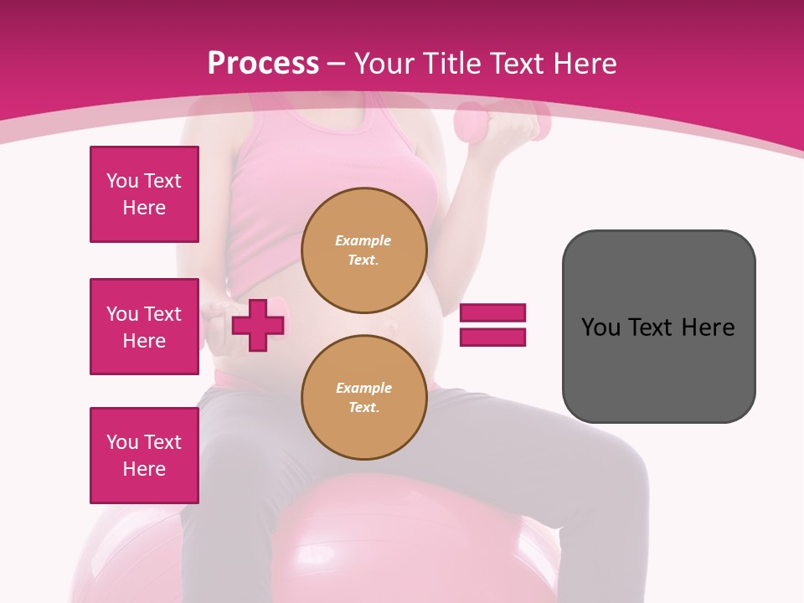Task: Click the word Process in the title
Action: (263, 64)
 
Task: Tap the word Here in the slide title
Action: (581, 64)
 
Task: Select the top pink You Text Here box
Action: (144, 194)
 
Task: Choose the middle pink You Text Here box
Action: (144, 327)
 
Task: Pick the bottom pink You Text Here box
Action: (144, 456)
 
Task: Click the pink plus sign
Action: (258, 325)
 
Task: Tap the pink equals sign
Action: (492, 325)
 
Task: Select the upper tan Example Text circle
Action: (363, 250)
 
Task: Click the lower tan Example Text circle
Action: (363, 397)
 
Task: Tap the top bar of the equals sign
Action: (492, 313)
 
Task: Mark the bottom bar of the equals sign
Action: (492, 337)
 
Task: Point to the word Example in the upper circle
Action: (363, 240)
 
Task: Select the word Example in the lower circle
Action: (363, 388)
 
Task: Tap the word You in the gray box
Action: (600, 327)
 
